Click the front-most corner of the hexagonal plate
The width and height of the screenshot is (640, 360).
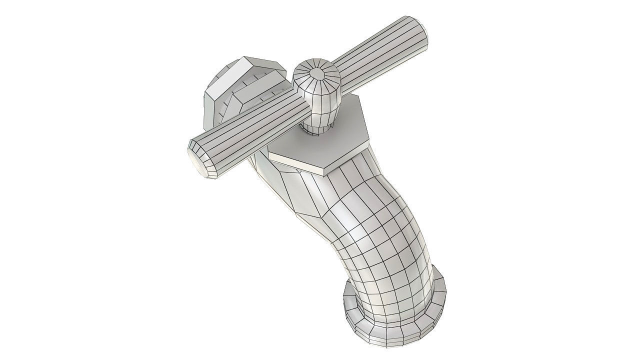[325, 173]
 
